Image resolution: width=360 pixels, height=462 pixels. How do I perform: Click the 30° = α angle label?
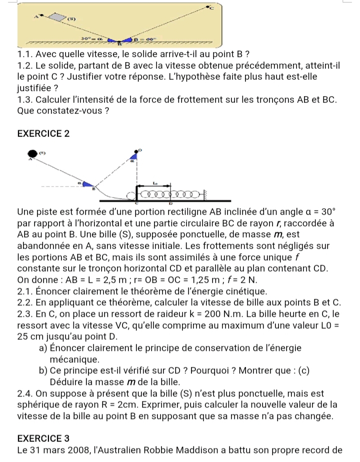coord(89,37)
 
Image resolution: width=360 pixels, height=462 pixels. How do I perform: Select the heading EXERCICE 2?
coord(42,134)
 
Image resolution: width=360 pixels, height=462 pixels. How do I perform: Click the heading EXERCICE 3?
coord(42,438)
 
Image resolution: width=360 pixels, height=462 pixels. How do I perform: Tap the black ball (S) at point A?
coord(33,153)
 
